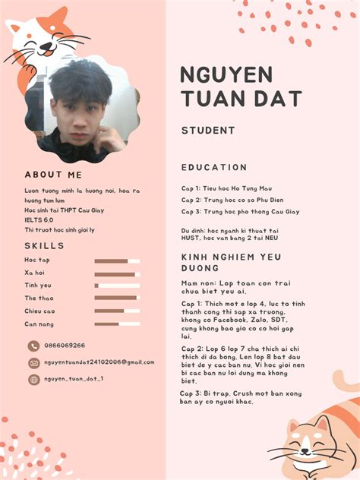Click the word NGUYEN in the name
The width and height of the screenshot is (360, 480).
coord(226,75)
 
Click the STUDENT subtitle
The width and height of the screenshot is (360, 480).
coord(208,131)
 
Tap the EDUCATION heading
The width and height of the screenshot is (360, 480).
coord(214,167)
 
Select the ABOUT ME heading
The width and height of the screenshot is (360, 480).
coord(53,175)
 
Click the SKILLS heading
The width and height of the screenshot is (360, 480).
coord(44,246)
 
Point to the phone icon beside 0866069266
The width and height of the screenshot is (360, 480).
coord(33,346)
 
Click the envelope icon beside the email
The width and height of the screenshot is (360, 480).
coord(33,363)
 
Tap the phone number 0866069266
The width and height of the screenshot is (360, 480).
coord(65,346)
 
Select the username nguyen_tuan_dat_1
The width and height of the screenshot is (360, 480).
coord(74,379)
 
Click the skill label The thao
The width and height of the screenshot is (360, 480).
coord(39,298)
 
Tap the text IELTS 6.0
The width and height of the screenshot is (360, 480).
coord(38,219)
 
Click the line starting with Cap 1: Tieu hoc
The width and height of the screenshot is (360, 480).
coord(226,188)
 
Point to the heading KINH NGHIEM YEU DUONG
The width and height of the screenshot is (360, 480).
coord(231,262)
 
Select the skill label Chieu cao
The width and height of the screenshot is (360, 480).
coord(39,311)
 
